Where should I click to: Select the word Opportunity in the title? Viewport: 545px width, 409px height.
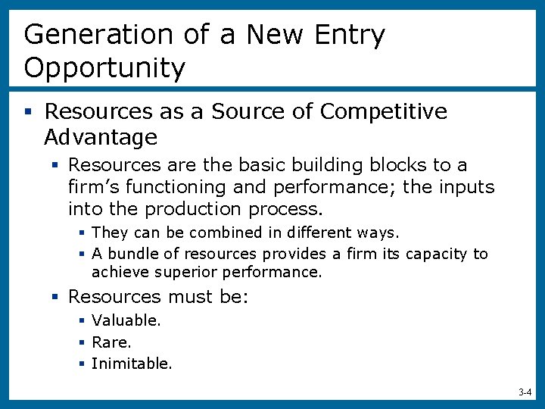tap(104, 68)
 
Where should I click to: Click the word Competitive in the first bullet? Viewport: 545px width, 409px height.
tap(384, 111)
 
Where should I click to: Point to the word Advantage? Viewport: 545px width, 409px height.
tap(101, 137)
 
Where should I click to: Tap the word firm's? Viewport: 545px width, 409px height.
tap(94, 186)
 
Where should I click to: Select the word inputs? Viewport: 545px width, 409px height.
tap(466, 186)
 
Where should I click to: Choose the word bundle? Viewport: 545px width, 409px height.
tap(129, 254)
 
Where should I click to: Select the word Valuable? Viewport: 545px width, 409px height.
tap(126, 320)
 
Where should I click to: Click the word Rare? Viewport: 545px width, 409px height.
tap(111, 342)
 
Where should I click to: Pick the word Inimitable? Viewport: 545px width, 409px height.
tap(132, 364)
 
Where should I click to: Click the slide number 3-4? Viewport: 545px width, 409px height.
tap(525, 392)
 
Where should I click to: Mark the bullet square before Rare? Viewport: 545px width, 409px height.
tap(81, 342)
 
